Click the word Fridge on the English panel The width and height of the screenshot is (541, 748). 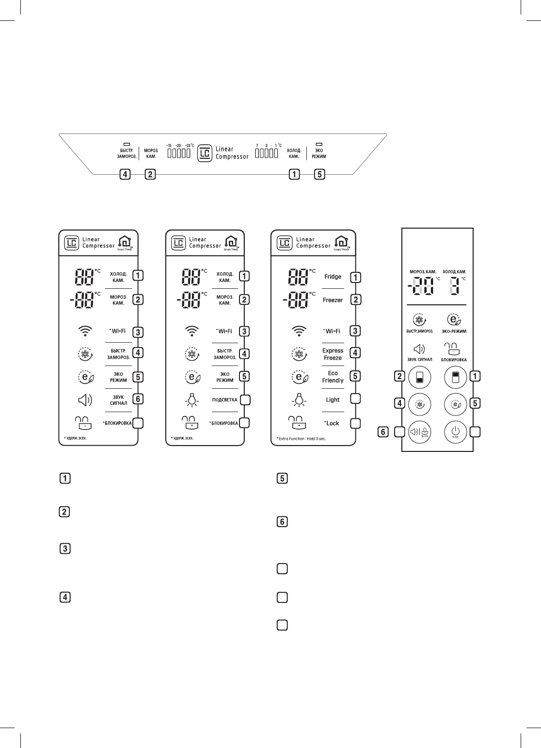tap(333, 277)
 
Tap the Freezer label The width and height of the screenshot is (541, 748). tap(333, 300)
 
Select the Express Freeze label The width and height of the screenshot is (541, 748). tap(333, 354)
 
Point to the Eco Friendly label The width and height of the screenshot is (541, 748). tap(333, 377)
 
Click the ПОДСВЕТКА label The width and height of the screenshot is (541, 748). tap(224, 400)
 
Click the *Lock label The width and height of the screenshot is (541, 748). tap(332, 423)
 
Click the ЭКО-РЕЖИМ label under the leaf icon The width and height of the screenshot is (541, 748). tap(454, 332)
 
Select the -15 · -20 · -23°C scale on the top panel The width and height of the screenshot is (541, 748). tap(179, 145)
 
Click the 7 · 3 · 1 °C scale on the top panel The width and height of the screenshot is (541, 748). tap(269, 145)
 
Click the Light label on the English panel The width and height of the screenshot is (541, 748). tap(333, 400)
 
